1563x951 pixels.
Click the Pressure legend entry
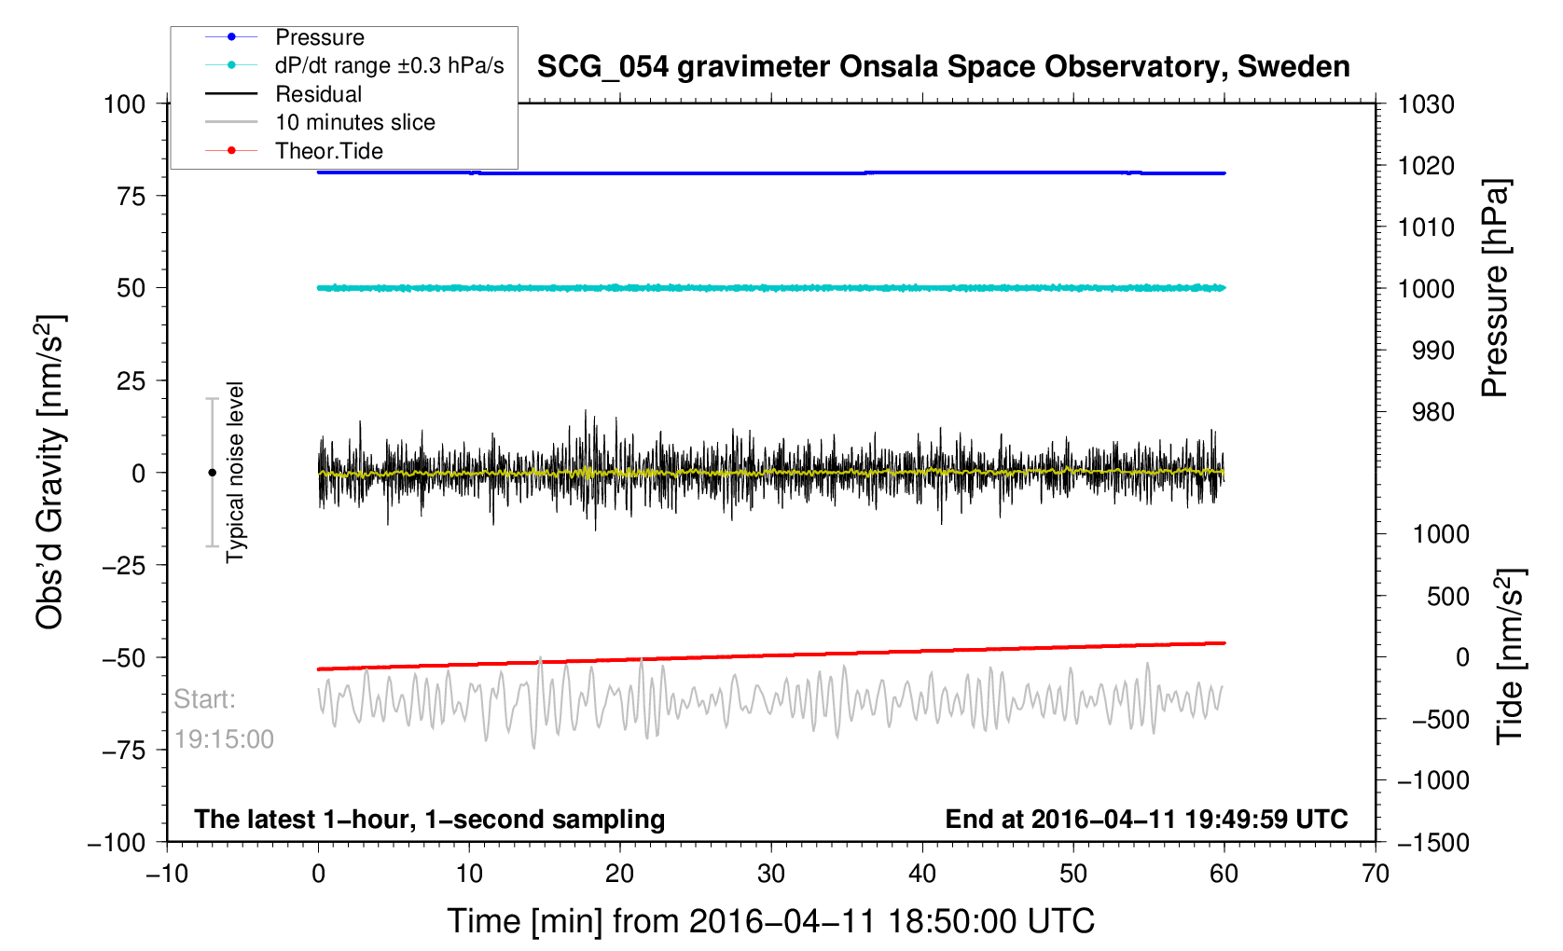click(319, 37)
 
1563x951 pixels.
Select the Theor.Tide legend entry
click(328, 151)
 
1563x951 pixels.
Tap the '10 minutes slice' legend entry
click(354, 122)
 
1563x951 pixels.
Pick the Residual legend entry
click(318, 94)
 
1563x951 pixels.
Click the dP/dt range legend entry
click(388, 66)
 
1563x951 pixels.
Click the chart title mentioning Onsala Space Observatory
click(943, 67)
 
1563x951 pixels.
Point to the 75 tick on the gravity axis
click(131, 196)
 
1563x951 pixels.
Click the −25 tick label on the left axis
click(125, 565)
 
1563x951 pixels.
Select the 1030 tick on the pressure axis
click(1426, 104)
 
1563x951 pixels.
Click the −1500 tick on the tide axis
click(1432, 842)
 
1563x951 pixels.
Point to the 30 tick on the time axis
click(771, 874)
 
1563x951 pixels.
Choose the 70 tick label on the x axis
click(1376, 874)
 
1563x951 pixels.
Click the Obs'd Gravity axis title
click(50, 473)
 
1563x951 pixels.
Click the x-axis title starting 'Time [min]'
click(770, 921)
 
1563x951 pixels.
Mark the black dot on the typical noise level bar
click(212, 473)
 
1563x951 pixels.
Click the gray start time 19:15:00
click(224, 739)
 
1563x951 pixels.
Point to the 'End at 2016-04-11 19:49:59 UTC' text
click(1146, 820)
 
